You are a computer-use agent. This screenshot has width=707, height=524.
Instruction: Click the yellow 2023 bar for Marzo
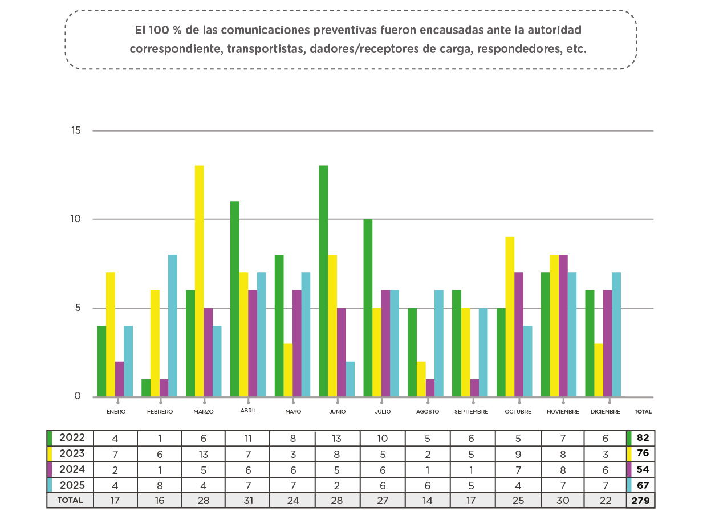(x=200, y=281)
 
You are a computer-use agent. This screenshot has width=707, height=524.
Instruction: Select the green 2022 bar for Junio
(x=323, y=281)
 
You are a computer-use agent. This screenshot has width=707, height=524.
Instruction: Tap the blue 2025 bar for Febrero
(x=173, y=325)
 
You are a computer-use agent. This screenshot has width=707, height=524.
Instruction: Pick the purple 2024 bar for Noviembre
(x=563, y=325)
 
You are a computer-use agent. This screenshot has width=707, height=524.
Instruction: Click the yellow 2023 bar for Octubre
(x=510, y=317)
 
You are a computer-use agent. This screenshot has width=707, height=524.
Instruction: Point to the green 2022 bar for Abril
(x=234, y=299)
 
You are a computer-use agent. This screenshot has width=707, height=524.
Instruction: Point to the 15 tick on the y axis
(x=76, y=130)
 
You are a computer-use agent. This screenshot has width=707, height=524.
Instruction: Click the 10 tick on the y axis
(x=76, y=219)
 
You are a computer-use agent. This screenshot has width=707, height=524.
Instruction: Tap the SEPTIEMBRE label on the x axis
(x=472, y=411)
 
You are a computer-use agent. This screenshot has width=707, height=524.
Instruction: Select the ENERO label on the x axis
(x=116, y=411)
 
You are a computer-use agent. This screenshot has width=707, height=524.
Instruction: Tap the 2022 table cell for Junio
(x=338, y=438)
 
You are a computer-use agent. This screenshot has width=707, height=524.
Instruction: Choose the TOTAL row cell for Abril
(x=248, y=501)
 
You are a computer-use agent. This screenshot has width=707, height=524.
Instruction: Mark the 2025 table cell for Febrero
(x=159, y=485)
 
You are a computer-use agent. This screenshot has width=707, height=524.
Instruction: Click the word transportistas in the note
(x=265, y=49)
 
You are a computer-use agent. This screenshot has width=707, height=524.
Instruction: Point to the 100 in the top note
(x=157, y=29)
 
